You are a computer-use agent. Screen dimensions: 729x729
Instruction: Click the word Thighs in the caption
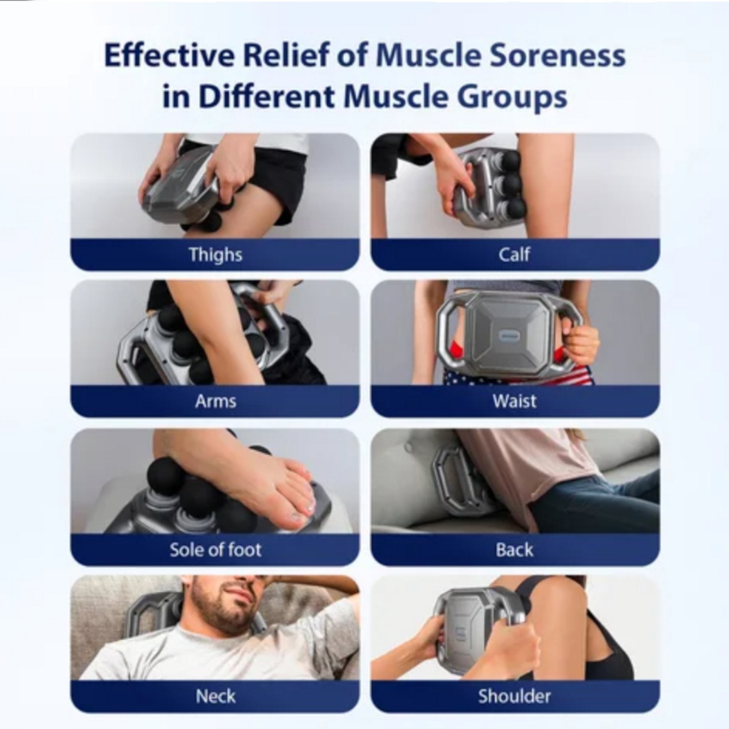(x=215, y=254)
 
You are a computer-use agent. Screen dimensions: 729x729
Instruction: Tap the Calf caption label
(x=514, y=254)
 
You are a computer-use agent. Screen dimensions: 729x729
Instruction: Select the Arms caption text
(x=215, y=401)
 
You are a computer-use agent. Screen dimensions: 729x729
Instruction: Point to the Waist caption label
(x=514, y=401)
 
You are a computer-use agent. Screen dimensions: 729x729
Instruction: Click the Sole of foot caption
(x=215, y=550)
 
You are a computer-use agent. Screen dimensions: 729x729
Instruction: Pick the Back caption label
(x=514, y=550)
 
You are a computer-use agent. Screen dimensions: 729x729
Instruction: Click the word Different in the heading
(x=266, y=97)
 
